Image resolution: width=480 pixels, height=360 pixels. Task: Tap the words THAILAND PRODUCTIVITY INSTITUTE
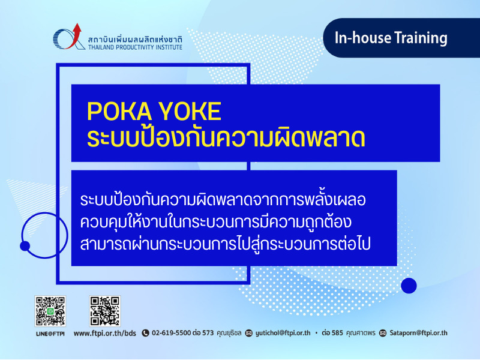(135, 47)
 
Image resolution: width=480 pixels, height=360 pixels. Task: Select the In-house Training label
(391, 38)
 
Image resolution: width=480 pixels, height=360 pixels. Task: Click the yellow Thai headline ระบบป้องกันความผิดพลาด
(226, 137)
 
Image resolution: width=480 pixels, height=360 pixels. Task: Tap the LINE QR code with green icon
(50, 311)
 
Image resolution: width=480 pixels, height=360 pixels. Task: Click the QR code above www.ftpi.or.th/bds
(104, 311)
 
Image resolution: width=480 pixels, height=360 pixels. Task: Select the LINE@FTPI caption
(50, 334)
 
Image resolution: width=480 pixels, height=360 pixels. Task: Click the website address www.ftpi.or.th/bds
(104, 334)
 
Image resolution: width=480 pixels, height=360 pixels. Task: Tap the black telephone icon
(145, 333)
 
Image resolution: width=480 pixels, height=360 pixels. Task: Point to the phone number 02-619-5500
(172, 333)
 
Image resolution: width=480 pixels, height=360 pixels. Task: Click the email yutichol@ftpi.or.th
(283, 333)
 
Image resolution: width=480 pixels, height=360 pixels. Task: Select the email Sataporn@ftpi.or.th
(418, 333)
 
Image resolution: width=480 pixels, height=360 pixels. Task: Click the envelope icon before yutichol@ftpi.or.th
(249, 333)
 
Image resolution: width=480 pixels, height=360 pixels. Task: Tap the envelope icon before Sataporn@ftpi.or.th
(383, 333)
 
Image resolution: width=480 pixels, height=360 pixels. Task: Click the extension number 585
(337, 333)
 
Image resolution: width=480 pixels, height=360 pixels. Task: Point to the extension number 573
(208, 333)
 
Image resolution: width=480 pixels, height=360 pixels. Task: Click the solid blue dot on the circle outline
(25, 246)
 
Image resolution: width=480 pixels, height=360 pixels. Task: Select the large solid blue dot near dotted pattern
(409, 286)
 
